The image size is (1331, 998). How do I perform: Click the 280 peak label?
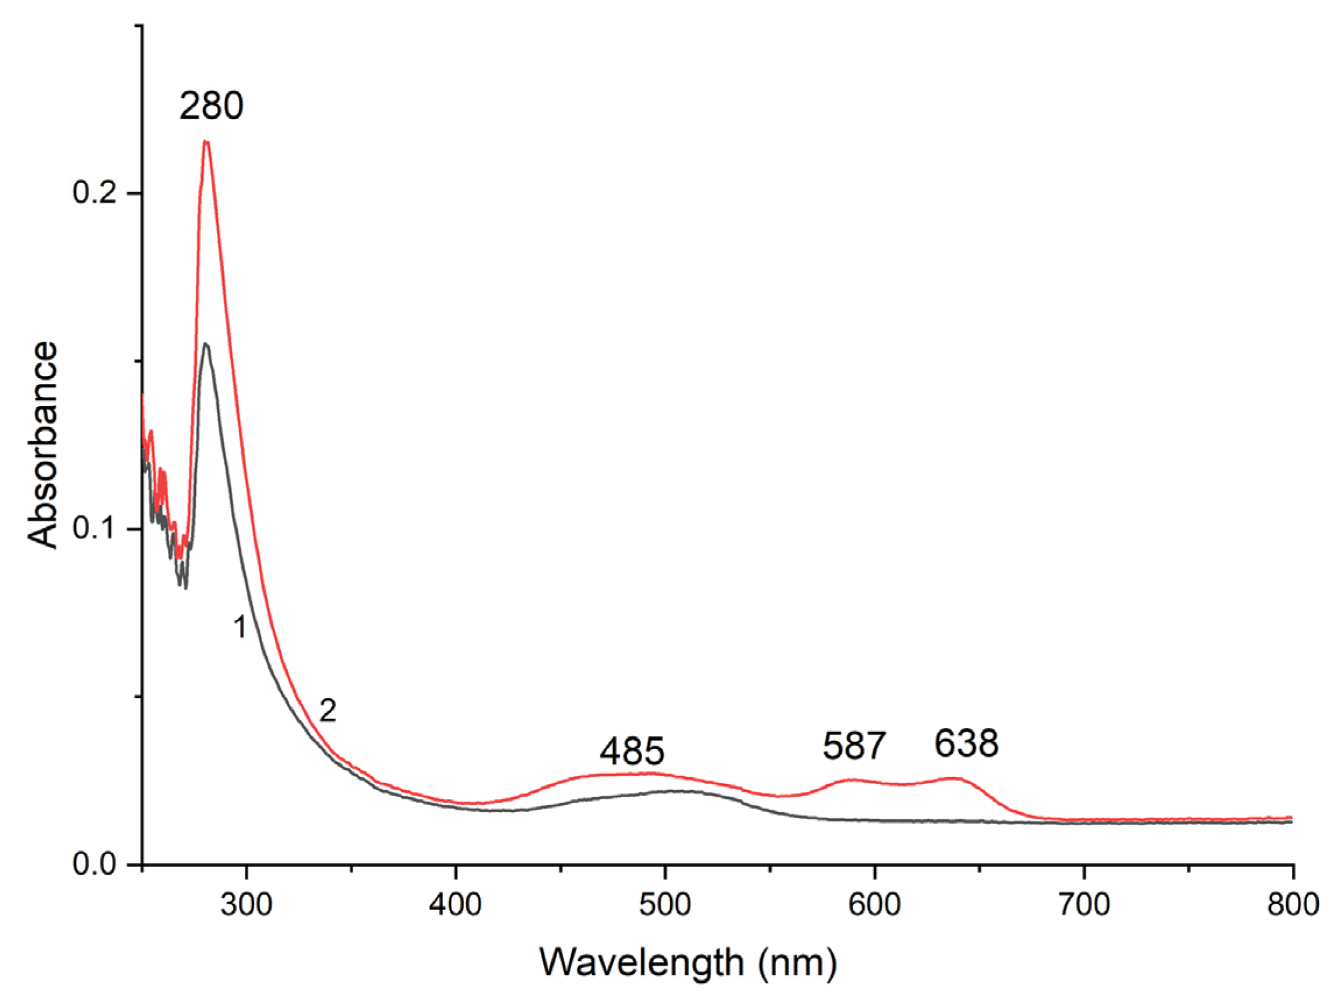tap(211, 107)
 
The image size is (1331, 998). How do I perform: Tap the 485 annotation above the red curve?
tap(632, 751)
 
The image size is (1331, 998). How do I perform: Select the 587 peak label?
tap(854, 746)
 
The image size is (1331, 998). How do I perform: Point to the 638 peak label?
tap(966, 743)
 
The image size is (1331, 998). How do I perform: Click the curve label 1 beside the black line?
tap(240, 628)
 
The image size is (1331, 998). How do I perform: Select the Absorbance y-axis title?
tap(43, 445)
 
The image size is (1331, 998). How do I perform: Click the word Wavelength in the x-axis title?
tap(642, 962)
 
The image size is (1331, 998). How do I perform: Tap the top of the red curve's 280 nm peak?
tap(206, 142)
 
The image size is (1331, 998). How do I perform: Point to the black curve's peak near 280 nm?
tap(206, 344)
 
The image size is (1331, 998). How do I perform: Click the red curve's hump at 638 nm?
tap(952, 778)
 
